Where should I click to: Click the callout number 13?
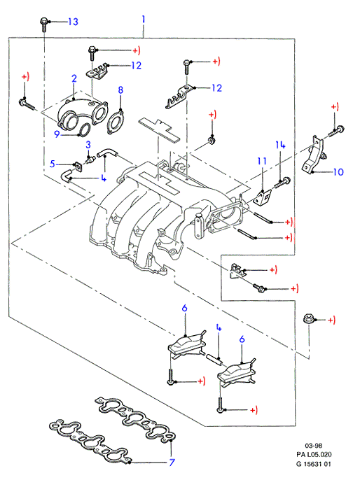tap(74, 22)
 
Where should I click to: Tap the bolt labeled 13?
tap(43, 24)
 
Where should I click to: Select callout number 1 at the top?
tap(143, 20)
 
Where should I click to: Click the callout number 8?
tap(120, 90)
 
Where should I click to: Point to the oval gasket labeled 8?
tap(116, 122)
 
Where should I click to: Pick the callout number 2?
tap(74, 78)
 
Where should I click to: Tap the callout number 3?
tap(88, 144)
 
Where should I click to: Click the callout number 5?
tap(53, 164)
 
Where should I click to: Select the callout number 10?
tap(338, 171)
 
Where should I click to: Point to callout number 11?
tap(262, 161)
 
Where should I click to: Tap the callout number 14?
tap(280, 145)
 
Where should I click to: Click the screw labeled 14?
tap(282, 183)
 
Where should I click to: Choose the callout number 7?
tap(172, 462)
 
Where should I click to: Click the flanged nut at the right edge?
tap(307, 318)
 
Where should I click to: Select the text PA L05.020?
tap(314, 454)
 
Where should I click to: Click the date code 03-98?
tap(314, 446)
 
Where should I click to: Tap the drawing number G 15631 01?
tap(314, 464)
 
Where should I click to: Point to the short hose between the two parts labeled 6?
tap(214, 359)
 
